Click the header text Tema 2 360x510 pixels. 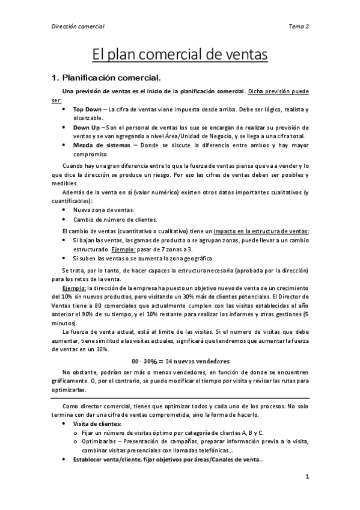pos(299,26)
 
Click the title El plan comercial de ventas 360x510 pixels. pos(180,55)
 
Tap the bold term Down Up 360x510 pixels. pos(87,127)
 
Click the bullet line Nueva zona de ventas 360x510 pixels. pos(103,209)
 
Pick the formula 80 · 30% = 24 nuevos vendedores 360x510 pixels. pos(180,361)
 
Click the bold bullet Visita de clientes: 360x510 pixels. pos(97,423)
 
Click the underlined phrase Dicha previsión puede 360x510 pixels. pos(278,91)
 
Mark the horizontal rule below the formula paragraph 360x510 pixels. pos(180,398)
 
